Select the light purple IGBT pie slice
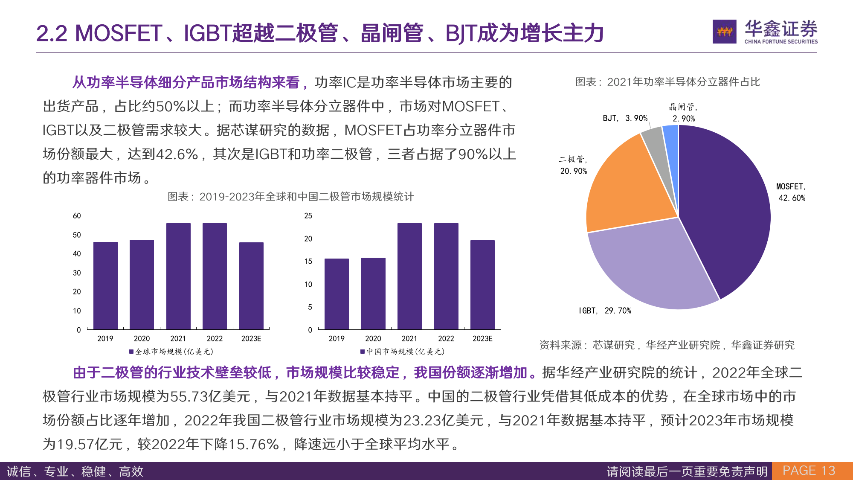pos(648,269)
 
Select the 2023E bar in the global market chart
pos(251,286)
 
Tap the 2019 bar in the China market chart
pos(337,294)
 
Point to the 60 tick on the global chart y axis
pos(77,216)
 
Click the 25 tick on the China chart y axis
pos(308,216)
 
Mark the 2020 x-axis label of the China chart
pos(373,339)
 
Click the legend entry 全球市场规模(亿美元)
pos(171,352)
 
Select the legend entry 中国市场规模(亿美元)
pos(403,352)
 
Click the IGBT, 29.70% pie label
pos(605,311)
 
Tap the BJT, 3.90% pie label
pos(625,118)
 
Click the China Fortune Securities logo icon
pos(724,32)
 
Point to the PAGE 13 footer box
pos(809,471)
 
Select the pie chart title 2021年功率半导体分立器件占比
pos(667,82)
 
